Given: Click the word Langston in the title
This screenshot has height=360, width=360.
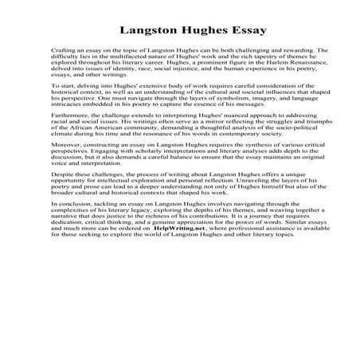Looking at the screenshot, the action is tap(148, 33).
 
